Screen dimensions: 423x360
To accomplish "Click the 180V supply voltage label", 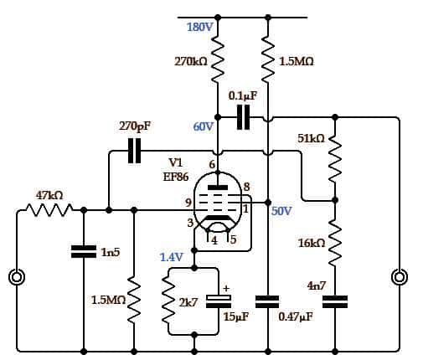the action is (x=200, y=27).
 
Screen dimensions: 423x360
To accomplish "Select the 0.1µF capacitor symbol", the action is (x=243, y=117).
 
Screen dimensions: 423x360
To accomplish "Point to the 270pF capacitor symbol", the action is (x=134, y=151).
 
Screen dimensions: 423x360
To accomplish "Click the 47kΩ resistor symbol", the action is (x=49, y=210).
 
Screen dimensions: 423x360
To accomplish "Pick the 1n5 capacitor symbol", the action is (x=84, y=251).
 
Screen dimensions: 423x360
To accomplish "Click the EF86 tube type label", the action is (x=176, y=177).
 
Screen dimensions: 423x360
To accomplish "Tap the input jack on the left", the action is (x=17, y=277).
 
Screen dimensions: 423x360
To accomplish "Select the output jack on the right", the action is (x=400, y=277).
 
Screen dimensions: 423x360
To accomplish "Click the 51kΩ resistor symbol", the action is (x=335, y=159).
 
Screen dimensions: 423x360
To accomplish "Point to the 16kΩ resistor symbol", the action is (x=335, y=242).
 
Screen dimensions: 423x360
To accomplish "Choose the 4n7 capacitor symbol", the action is (x=335, y=301).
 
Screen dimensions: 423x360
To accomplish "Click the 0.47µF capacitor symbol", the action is (x=267, y=301).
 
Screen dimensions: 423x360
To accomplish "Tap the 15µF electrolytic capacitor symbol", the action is (x=219, y=301).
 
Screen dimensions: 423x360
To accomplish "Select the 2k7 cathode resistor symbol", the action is (x=168, y=301).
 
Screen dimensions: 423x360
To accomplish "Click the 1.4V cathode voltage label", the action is (x=172, y=257).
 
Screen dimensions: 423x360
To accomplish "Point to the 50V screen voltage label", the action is (x=281, y=211).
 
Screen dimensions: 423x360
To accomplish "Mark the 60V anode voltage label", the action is (x=204, y=126).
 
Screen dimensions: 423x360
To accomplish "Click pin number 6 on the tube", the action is (x=212, y=165).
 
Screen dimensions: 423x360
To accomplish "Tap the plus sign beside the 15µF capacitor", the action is (x=226, y=288).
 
